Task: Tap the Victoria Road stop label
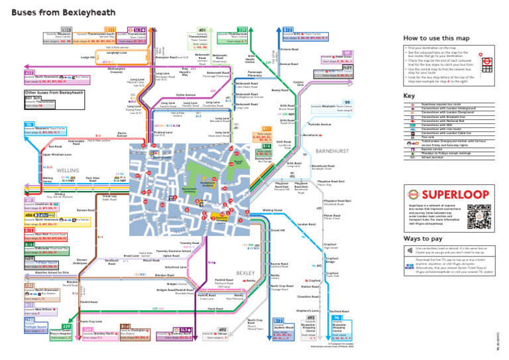click(290, 50)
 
